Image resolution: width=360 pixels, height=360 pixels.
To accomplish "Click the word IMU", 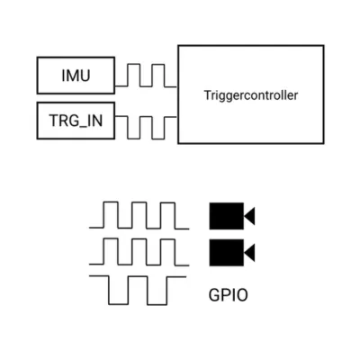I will click(x=76, y=76).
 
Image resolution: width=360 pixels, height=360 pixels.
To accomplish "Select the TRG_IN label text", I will click(x=76, y=121).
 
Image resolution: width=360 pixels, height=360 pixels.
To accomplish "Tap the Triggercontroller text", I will click(x=251, y=94).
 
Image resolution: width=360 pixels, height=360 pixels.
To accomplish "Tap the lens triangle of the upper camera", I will click(x=250, y=216).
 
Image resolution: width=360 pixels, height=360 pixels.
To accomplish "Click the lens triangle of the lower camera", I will click(x=250, y=253).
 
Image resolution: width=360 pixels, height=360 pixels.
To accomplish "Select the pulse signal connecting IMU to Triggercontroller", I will click(x=145, y=75).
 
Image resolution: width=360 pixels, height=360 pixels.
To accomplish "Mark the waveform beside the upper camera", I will click(x=139, y=217).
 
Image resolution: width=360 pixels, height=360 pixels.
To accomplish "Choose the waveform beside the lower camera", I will click(x=139, y=253).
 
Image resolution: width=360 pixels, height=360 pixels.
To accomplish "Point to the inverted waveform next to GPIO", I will click(x=139, y=291).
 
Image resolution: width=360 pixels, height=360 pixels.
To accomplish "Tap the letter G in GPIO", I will click(x=214, y=293).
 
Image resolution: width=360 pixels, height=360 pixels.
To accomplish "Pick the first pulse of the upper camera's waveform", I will click(x=110, y=215).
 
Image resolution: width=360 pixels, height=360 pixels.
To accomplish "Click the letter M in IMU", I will click(x=75, y=76).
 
